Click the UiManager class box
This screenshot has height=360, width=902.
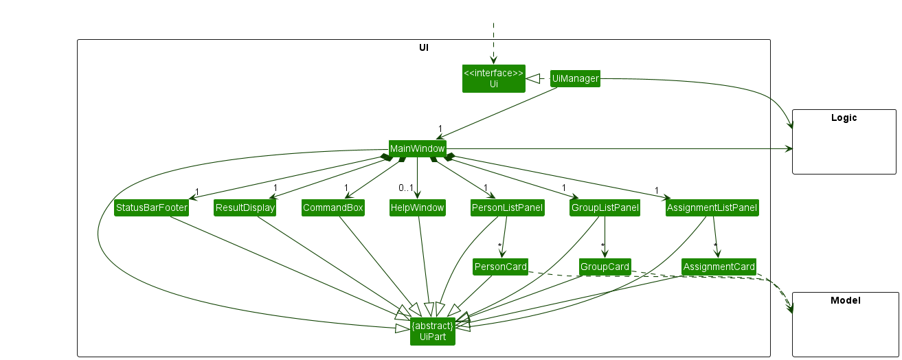coord(575,79)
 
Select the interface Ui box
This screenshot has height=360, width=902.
coord(493,79)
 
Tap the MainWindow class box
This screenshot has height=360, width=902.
coord(417,148)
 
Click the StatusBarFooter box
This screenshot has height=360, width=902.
coord(151,207)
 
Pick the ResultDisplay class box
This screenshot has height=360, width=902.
coord(245,207)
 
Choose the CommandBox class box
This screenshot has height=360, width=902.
coord(332,207)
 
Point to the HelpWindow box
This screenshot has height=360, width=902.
coord(417,207)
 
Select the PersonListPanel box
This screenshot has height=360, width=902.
coord(507,207)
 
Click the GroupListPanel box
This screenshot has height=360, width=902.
coord(605,207)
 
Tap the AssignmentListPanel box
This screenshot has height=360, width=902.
coord(712,207)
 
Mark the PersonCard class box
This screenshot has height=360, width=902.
coord(500,267)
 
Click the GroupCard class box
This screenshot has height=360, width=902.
coord(605,267)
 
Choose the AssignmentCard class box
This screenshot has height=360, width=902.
coord(719,267)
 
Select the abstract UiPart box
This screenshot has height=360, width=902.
coord(433,331)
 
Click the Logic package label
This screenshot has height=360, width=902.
coord(844,117)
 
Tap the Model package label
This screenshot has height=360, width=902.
coord(845,300)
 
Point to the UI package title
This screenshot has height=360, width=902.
coord(424,47)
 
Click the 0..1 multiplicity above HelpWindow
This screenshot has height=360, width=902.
coord(405,188)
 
